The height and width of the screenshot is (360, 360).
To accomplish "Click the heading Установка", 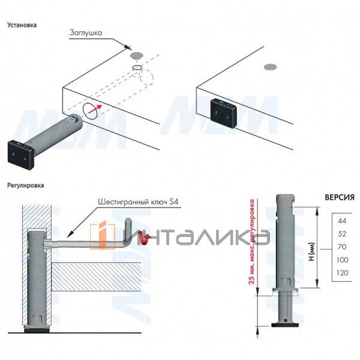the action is pyautogui.click(x=22, y=25).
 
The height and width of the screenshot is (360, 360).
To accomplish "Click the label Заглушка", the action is pyautogui.click(x=86, y=32).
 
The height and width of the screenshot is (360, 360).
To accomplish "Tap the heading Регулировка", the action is pyautogui.click(x=25, y=185).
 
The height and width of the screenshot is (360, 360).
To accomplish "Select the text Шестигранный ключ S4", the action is pyautogui.click(x=138, y=202).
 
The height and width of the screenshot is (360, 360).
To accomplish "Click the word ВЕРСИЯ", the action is pyautogui.click(x=340, y=197).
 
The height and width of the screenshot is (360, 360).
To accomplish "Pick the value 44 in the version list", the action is pyautogui.click(x=342, y=221).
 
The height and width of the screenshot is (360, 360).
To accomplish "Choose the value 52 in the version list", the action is pyautogui.click(x=342, y=234).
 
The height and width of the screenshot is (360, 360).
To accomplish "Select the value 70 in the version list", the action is pyautogui.click(x=342, y=247).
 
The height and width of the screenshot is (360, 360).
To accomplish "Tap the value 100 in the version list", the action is pyautogui.click(x=343, y=260).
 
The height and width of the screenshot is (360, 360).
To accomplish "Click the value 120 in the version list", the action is pyautogui.click(x=343, y=273).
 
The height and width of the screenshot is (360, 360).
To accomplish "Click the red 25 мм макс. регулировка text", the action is pyautogui.click(x=252, y=242).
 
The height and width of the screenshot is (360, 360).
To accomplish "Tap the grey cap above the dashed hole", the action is pyautogui.click(x=136, y=55).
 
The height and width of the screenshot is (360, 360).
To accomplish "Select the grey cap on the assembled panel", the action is pyautogui.click(x=270, y=67).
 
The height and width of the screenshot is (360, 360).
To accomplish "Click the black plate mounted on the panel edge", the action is pyautogui.click(x=224, y=113).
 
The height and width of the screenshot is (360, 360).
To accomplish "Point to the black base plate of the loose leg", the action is pyautogui.click(x=20, y=155).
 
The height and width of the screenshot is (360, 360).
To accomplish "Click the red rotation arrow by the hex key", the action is pyautogui.click(x=145, y=239).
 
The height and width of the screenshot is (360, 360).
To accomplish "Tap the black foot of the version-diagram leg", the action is pyautogui.click(x=285, y=325).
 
